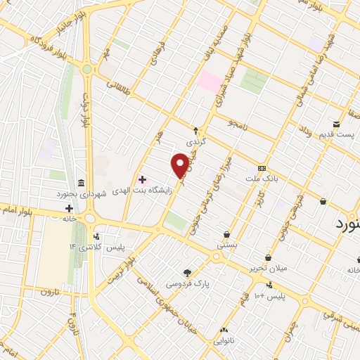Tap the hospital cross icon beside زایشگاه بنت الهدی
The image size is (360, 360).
pos(142,180)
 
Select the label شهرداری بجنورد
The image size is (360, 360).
pos(82,193)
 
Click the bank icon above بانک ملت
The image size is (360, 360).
pos(262,169)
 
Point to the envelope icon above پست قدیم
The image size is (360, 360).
pos(336,124)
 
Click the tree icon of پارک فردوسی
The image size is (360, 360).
pos(187,273)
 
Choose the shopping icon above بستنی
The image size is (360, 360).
pos(226,235)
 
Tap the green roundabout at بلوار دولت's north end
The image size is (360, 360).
pos(86,69)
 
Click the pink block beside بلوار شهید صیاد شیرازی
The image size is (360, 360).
pos(210,82)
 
